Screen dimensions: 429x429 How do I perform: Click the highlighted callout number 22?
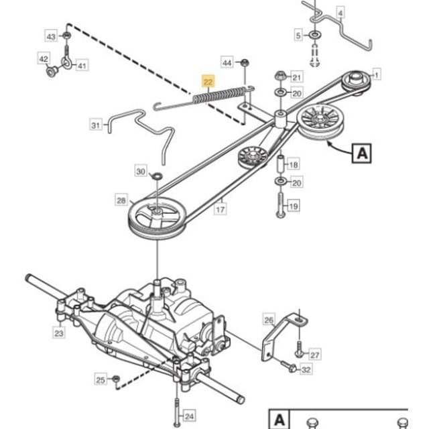208,81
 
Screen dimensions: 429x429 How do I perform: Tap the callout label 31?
95,125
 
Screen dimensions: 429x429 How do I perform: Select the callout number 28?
121,200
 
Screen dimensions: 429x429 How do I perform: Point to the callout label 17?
221,210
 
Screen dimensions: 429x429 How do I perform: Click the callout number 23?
59,333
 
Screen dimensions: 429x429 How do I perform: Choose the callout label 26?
269,320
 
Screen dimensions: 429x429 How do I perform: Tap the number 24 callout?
189,416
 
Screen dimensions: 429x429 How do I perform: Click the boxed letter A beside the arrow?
362,154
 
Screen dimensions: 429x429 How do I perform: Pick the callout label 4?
340,13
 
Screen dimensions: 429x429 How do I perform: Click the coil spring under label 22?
220,95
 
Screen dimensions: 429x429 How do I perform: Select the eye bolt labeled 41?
66,58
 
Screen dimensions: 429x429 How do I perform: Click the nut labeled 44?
245,62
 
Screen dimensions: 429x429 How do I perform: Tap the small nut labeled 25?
116,379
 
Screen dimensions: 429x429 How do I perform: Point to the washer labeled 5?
314,36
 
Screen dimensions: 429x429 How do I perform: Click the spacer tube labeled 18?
281,164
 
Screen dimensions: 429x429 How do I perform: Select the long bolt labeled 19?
281,205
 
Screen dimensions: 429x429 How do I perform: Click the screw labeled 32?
288,365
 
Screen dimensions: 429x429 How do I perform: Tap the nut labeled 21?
280,76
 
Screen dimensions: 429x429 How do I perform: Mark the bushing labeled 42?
52,72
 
